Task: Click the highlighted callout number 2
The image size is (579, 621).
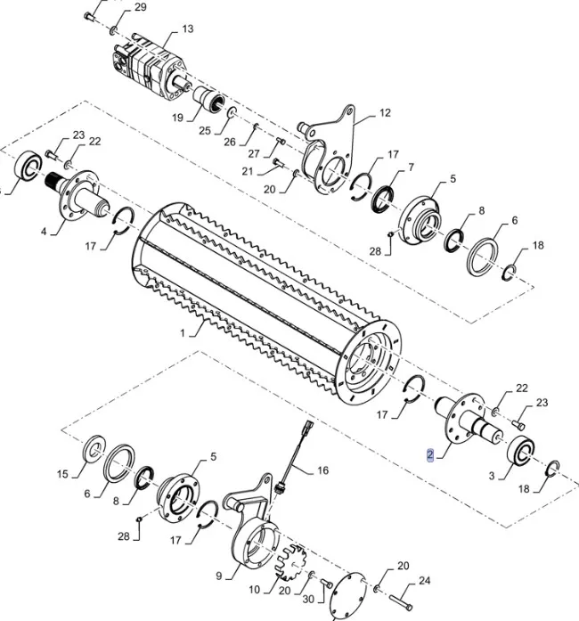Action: point(429,455)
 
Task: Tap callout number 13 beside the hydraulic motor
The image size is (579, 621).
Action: point(187,29)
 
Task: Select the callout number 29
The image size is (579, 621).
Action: point(141,8)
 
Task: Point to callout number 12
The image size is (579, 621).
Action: point(385,113)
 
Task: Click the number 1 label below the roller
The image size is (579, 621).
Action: point(183,332)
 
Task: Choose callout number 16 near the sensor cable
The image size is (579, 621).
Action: point(322,470)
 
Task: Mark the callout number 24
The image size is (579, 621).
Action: point(424,581)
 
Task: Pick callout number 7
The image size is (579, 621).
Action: point(411,168)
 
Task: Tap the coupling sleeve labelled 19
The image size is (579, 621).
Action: point(210,100)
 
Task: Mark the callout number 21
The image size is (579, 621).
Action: point(249,170)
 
